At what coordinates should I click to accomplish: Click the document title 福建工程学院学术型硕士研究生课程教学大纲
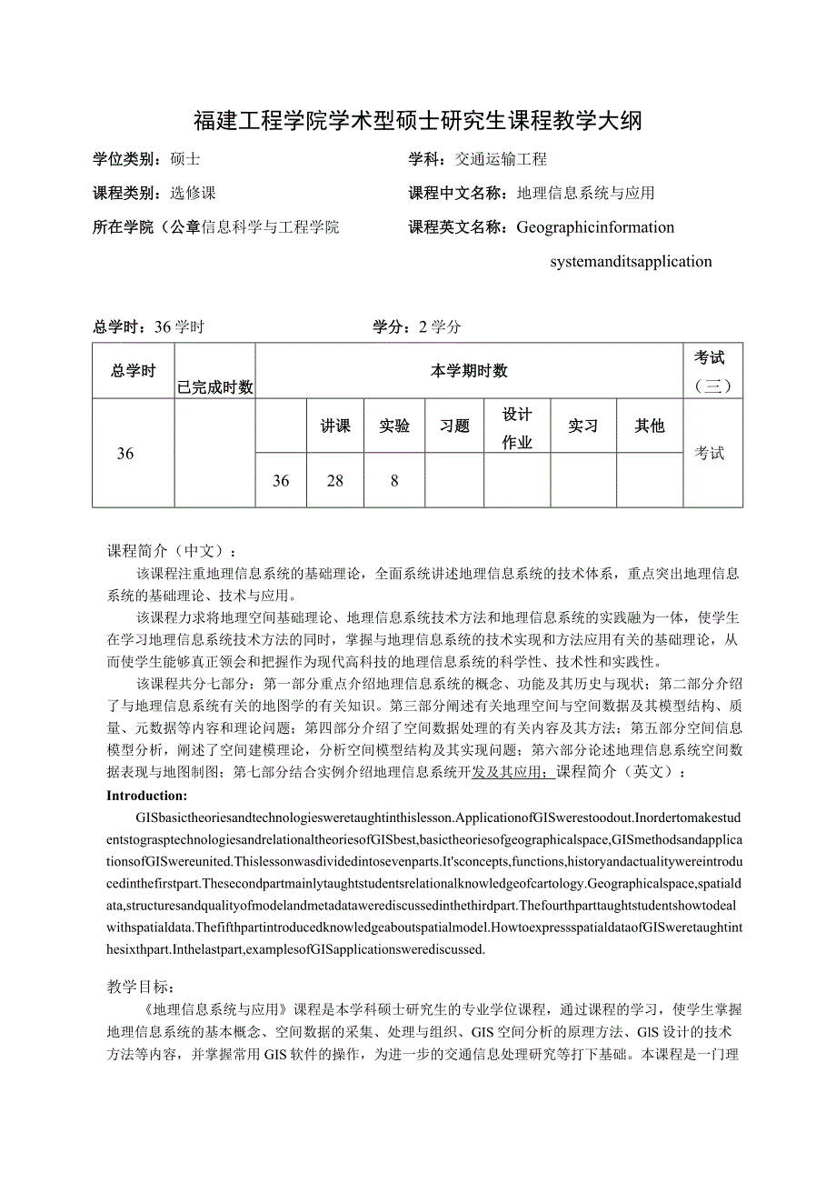pyautogui.click(x=418, y=121)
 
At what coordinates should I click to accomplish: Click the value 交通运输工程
pyautogui.click(x=501, y=159)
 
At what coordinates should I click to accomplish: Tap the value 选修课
pyautogui.click(x=193, y=193)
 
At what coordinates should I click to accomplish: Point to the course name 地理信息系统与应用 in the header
pyautogui.click(x=586, y=193)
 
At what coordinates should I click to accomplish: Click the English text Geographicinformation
pyautogui.click(x=595, y=227)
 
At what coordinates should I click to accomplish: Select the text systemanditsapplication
pyautogui.click(x=631, y=262)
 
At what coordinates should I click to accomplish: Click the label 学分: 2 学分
pyautogui.click(x=417, y=327)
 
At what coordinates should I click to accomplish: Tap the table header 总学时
pyautogui.click(x=134, y=371)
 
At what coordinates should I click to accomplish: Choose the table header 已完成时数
pyautogui.click(x=215, y=387)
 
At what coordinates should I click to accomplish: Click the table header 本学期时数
pyautogui.click(x=469, y=371)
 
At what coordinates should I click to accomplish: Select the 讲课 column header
pyautogui.click(x=335, y=426)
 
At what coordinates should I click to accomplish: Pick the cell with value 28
pyautogui.click(x=335, y=480)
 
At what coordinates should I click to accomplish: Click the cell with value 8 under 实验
pyautogui.click(x=394, y=480)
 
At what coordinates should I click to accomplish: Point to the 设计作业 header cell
pyautogui.click(x=517, y=427)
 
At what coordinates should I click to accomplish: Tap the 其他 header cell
pyautogui.click(x=650, y=426)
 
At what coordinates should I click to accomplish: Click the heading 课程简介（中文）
pyautogui.click(x=173, y=551)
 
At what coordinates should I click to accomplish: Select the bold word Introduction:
pyautogui.click(x=147, y=795)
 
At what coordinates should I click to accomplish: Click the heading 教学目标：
pyautogui.click(x=144, y=986)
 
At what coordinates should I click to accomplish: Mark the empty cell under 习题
pyautogui.click(x=454, y=480)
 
